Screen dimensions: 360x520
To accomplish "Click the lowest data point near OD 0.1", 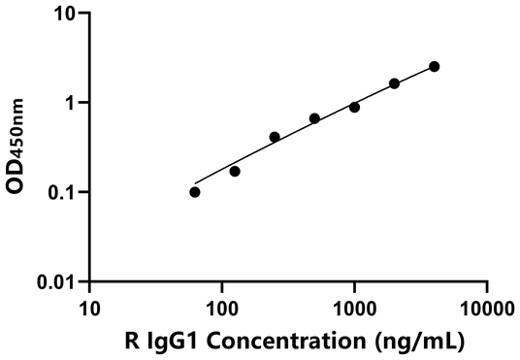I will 195,192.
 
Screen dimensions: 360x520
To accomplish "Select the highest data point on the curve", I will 434,66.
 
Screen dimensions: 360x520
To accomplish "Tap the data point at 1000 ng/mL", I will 354,107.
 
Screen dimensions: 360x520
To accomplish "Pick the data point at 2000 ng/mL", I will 394,83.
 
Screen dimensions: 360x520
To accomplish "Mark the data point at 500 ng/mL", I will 314,118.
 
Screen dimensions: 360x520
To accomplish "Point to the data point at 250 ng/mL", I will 275,137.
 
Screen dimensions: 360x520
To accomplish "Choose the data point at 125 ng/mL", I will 235,171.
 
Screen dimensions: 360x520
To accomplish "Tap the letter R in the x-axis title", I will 131,341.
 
